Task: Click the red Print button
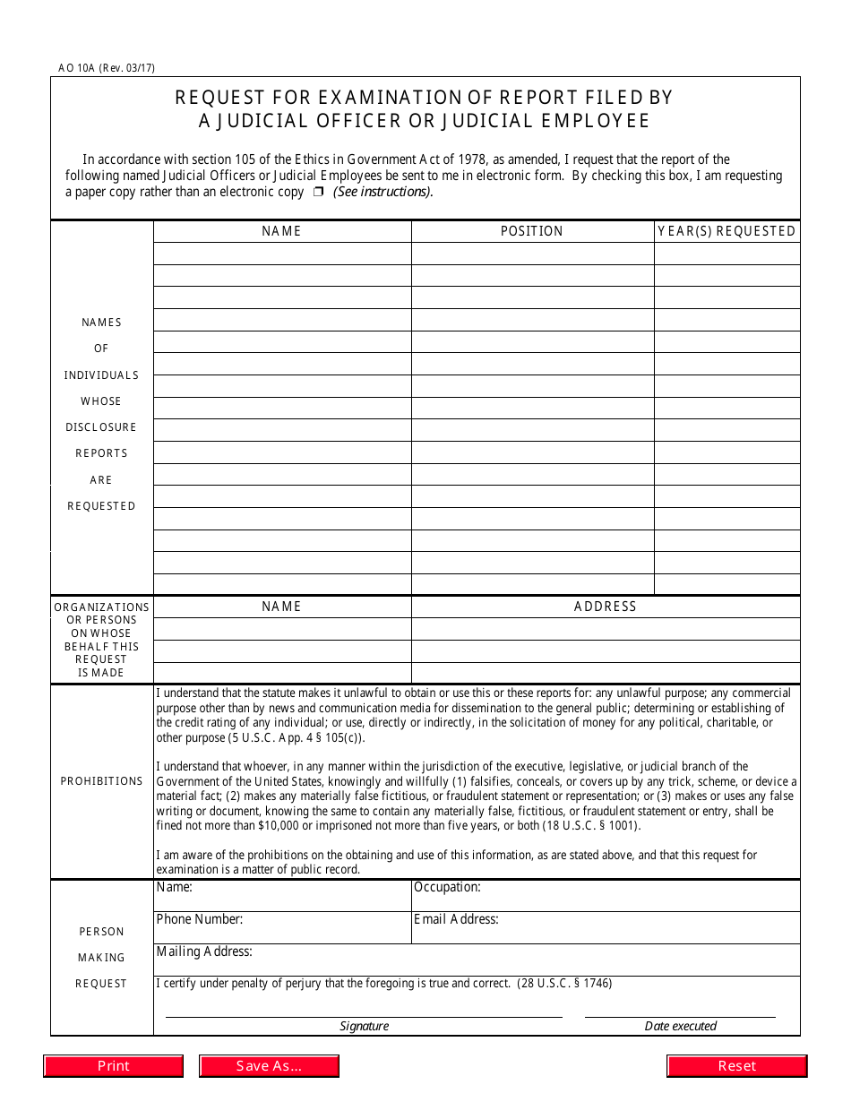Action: point(114,1066)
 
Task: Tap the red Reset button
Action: point(736,1066)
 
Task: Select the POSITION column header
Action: point(532,231)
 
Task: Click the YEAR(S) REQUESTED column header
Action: point(726,231)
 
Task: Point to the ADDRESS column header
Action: point(606,607)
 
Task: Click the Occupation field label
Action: point(447,888)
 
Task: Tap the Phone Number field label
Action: point(199,919)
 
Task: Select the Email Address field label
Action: point(456,919)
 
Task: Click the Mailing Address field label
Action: point(204,951)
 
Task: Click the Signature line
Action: point(364,1016)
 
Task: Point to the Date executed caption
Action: point(681,1027)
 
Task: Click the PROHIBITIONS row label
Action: point(101,781)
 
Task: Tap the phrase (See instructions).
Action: point(383,192)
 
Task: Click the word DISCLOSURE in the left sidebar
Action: point(101,427)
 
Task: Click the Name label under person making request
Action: point(174,888)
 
